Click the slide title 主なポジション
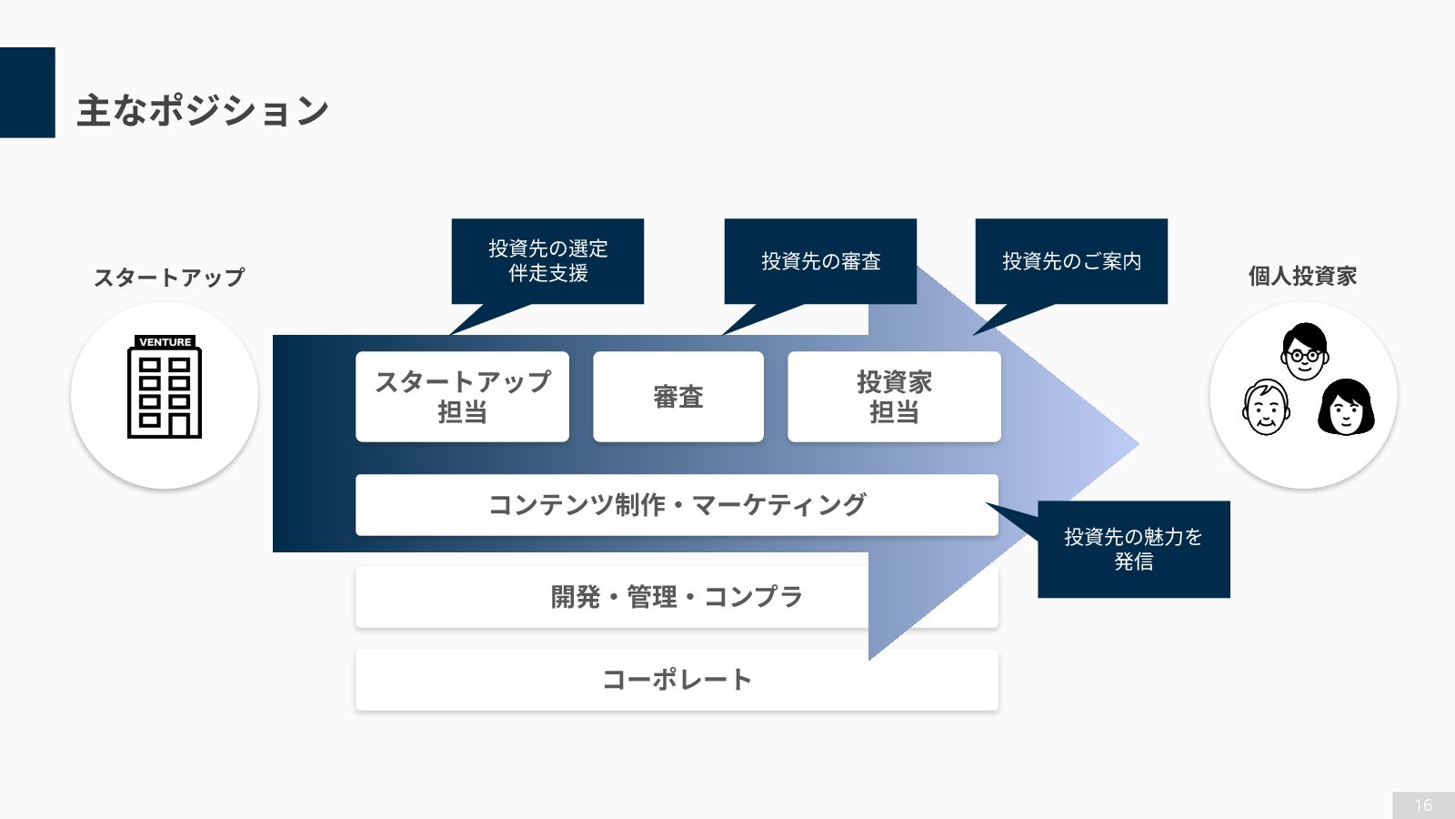202,111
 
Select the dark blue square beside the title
27,92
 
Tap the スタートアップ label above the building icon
169,278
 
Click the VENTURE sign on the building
165,342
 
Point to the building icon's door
180,424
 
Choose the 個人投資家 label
1302,276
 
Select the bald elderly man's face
1266,408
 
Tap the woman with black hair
1346,408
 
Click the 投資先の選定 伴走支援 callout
547,261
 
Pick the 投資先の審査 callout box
820,261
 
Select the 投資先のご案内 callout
1071,261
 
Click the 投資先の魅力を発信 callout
1133,550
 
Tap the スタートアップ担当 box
462,397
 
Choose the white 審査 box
678,397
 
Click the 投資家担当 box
894,397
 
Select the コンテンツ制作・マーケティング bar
677,505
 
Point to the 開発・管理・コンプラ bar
677,597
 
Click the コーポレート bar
677,680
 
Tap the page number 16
1423,805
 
